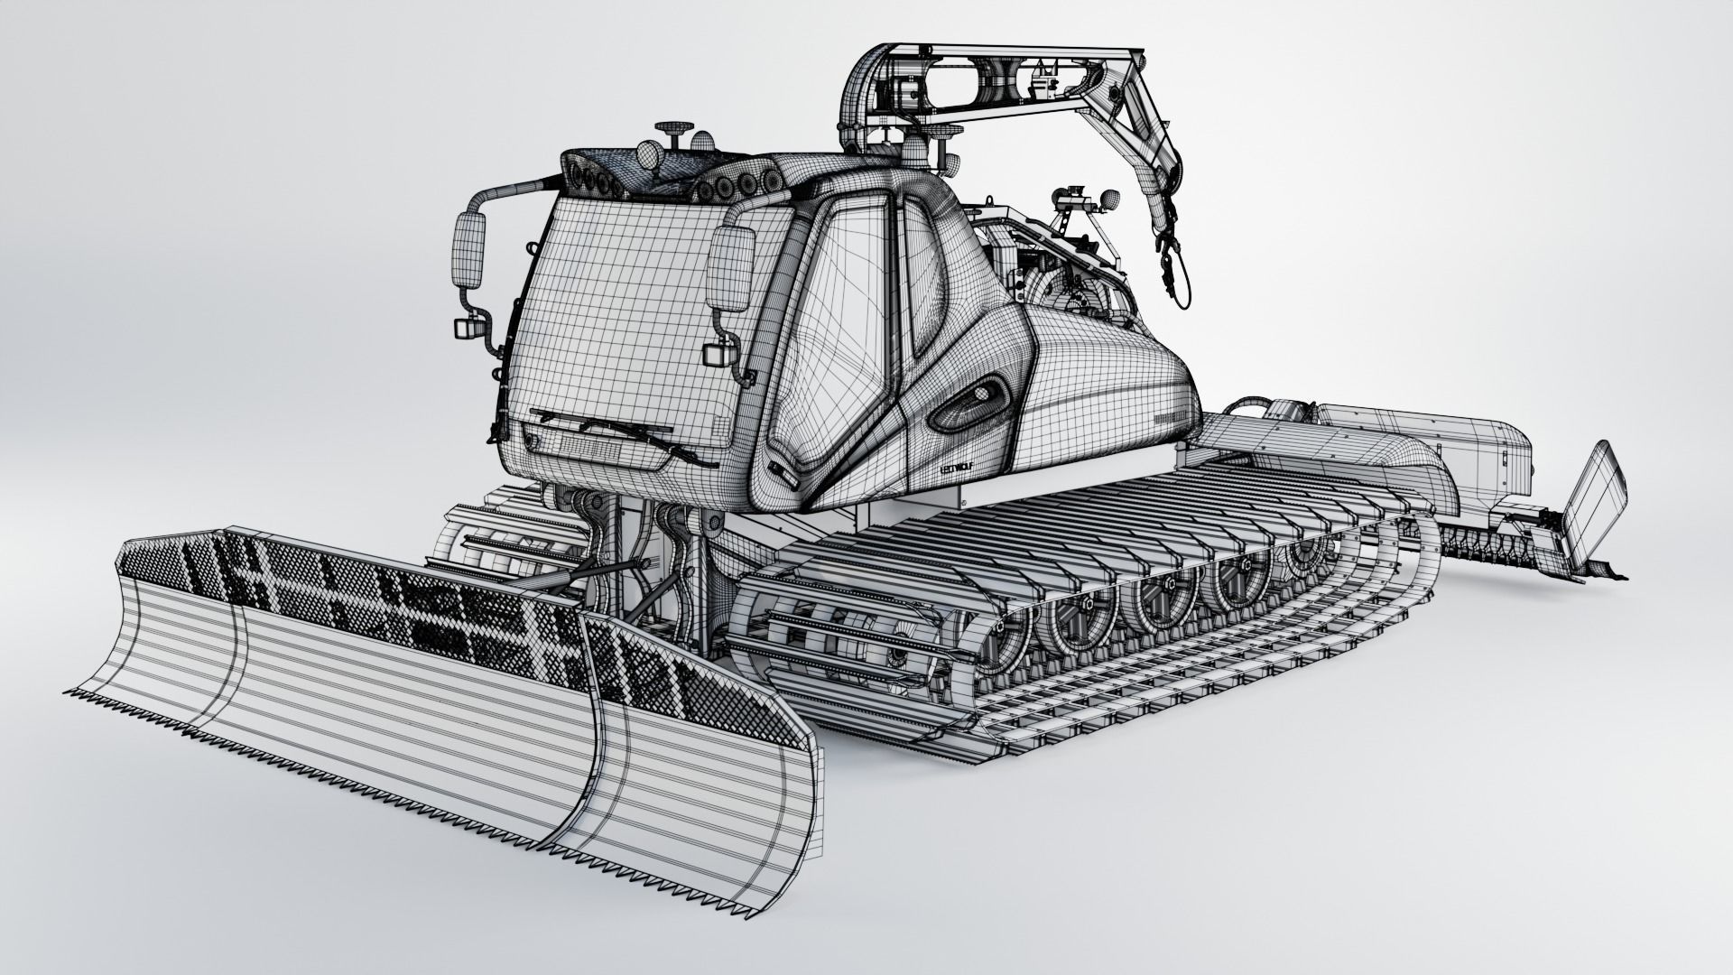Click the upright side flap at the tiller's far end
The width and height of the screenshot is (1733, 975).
[1591, 493]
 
